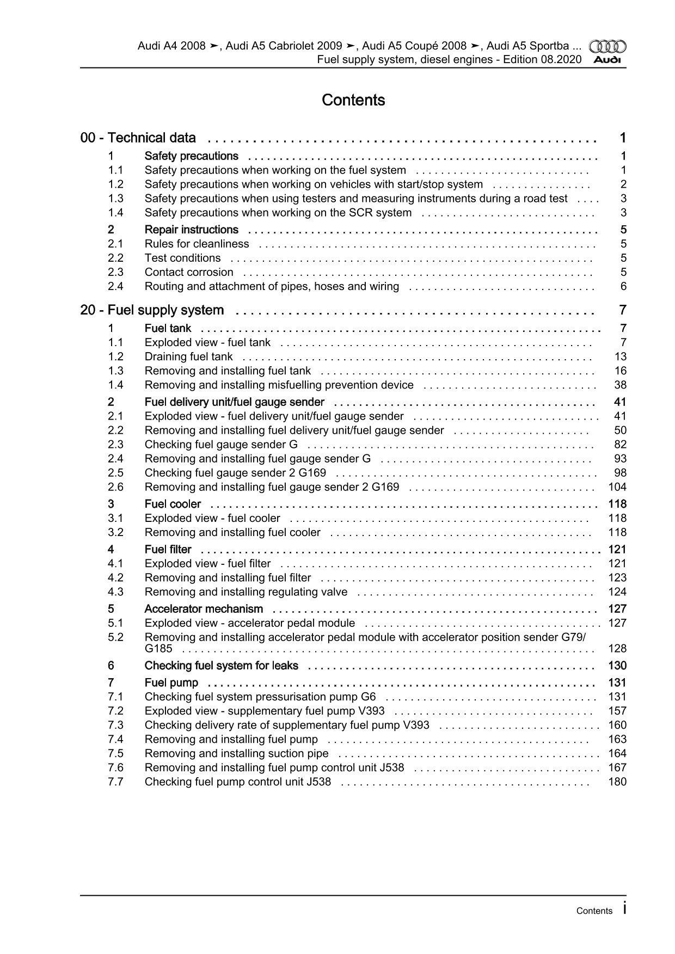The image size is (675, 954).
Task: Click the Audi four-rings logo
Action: [608, 47]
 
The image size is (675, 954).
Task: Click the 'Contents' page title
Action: [353, 100]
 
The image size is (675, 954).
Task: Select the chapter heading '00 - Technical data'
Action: [138, 138]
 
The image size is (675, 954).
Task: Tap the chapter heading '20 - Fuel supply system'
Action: [152, 310]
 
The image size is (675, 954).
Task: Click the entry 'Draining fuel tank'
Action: [188, 356]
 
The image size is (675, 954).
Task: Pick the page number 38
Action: [620, 385]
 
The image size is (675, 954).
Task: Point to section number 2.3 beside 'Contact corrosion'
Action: [115, 272]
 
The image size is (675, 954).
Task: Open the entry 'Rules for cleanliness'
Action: [197, 244]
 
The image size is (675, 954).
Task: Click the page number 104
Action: [617, 487]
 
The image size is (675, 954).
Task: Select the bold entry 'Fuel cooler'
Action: [173, 504]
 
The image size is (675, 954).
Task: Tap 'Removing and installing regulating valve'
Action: [246, 592]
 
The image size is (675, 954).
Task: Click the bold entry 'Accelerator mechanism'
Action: [204, 608]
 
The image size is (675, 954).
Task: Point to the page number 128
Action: [617, 648]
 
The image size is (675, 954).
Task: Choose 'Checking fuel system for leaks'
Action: [221, 666]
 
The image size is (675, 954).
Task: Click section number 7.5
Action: [115, 753]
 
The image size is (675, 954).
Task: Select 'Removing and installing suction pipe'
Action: [236, 753]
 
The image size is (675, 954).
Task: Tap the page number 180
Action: [617, 781]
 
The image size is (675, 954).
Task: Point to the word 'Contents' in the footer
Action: [594, 911]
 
